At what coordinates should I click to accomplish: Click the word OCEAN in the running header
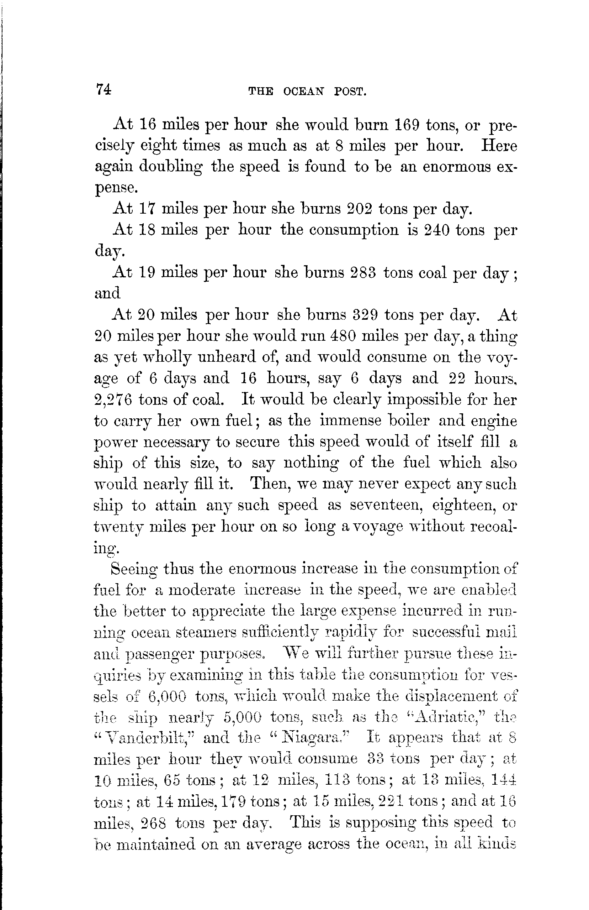point(303,92)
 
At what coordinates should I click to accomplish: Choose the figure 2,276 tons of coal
point(113,399)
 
